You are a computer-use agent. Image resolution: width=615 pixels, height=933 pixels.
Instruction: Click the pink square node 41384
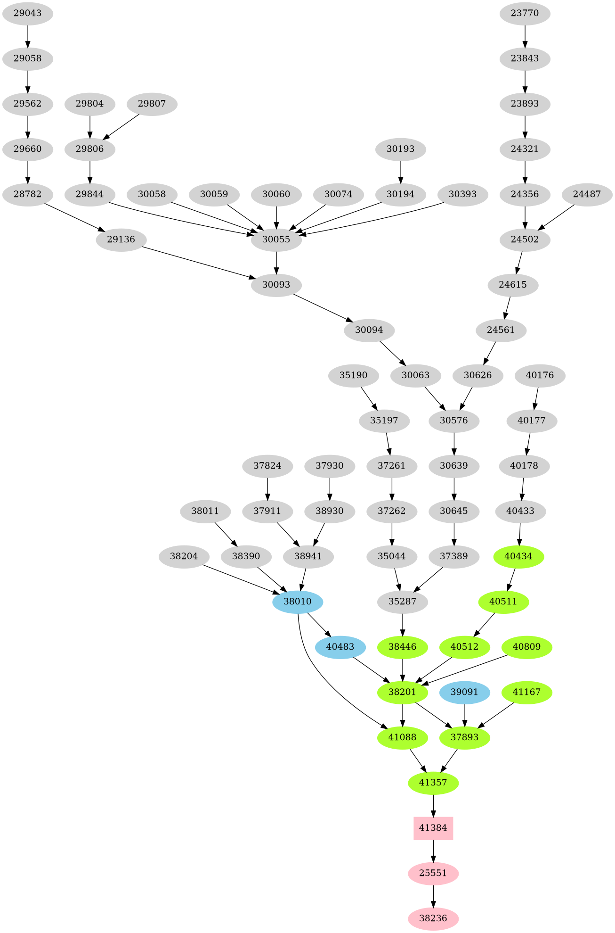click(x=433, y=828)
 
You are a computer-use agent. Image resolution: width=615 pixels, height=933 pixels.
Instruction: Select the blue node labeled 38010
click(x=298, y=602)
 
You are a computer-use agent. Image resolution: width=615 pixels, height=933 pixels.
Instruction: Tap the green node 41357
click(x=433, y=783)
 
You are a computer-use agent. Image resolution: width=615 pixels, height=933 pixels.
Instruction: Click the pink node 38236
click(x=433, y=918)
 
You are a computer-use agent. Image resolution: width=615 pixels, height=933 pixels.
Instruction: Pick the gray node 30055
click(x=276, y=239)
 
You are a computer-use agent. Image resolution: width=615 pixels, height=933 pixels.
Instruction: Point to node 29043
click(x=27, y=13)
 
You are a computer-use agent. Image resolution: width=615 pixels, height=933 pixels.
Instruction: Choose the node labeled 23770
click(x=525, y=13)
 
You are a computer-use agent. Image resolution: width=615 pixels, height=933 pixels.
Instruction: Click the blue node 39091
click(x=464, y=692)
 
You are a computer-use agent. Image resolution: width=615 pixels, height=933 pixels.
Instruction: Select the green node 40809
click(x=526, y=647)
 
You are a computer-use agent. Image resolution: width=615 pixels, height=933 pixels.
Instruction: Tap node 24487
click(x=587, y=194)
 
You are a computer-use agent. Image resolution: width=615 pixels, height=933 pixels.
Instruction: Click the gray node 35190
click(x=353, y=375)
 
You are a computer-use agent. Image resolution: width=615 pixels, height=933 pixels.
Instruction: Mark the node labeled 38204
click(x=184, y=556)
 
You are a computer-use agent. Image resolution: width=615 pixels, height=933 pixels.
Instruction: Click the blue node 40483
click(x=340, y=647)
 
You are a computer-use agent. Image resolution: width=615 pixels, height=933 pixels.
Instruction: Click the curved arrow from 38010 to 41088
click(x=320, y=679)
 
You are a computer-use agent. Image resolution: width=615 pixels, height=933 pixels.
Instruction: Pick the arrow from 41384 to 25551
click(x=433, y=850)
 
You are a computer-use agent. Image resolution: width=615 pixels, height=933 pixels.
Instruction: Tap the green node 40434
click(x=518, y=556)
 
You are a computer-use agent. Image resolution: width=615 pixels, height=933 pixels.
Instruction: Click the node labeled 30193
click(x=400, y=149)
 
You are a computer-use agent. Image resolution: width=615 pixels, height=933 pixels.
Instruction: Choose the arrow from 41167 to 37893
click(x=496, y=715)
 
